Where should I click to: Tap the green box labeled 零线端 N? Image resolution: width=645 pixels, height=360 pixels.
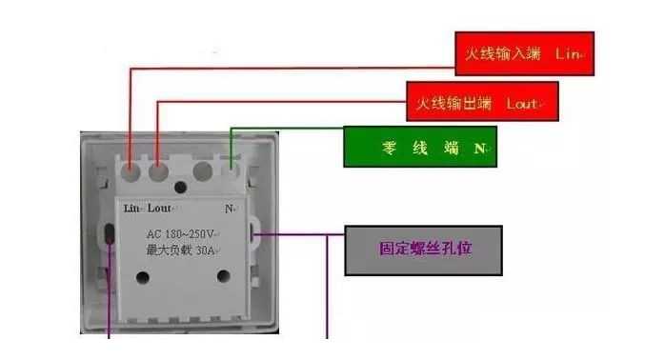pyautogui.click(x=420, y=148)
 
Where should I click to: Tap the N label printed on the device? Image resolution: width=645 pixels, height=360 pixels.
pyautogui.click(x=230, y=207)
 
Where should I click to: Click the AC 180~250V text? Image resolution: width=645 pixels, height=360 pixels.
pyautogui.click(x=182, y=233)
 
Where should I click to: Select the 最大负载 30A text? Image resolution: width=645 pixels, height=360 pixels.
pyautogui.click(x=181, y=250)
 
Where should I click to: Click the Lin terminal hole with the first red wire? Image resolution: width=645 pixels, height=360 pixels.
pyautogui.click(x=131, y=171)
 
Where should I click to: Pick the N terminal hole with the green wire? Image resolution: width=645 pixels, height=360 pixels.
pyautogui.click(x=231, y=171)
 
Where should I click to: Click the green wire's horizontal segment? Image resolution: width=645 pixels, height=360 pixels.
pyautogui.click(x=286, y=128)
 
